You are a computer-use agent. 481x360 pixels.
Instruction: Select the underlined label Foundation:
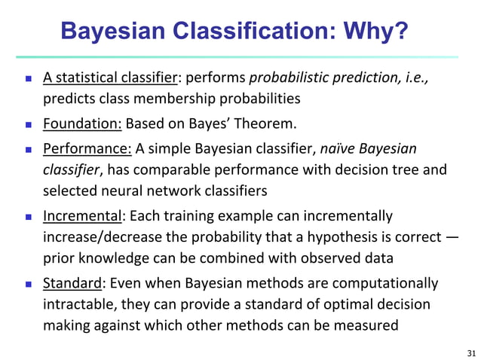(82, 124)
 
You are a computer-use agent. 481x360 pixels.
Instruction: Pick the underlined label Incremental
(82, 217)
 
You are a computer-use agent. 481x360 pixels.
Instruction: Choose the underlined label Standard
(71, 284)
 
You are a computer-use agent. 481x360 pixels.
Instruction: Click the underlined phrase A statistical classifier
(111, 78)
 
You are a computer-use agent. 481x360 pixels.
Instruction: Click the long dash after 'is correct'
(452, 238)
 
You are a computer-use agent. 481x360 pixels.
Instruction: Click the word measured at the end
(357, 326)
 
